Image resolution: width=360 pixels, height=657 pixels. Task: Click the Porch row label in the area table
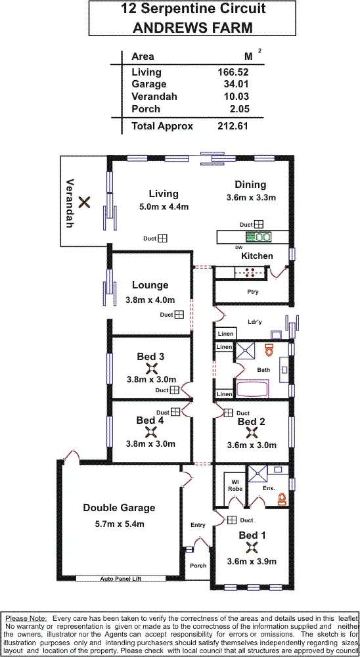145,109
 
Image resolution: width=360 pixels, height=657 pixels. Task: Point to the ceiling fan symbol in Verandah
84,202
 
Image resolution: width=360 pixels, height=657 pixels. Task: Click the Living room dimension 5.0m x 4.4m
164,207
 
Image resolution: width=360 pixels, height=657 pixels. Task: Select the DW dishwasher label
238,247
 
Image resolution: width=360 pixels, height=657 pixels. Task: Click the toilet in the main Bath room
268,350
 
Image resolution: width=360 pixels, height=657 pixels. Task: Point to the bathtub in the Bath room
252,388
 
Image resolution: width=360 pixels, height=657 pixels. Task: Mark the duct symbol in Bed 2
228,413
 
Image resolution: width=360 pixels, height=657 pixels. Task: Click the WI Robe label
235,485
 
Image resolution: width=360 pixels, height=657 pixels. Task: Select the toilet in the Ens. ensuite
282,499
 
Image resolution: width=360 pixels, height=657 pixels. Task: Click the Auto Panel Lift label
122,579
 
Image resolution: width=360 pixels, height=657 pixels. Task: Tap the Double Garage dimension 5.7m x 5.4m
119,524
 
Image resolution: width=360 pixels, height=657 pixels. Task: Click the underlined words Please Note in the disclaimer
26,618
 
